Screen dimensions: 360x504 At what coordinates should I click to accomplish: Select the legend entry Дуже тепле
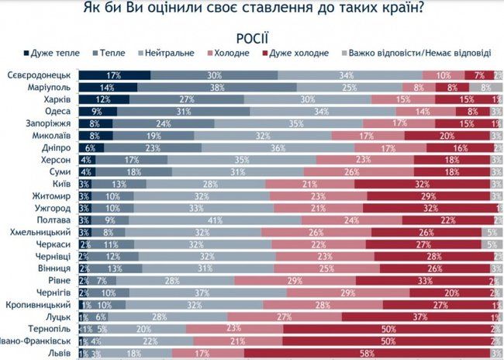point(54,54)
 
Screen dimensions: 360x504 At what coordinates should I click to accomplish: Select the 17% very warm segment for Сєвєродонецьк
point(114,74)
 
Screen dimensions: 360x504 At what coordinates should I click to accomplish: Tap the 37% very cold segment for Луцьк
point(419,316)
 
